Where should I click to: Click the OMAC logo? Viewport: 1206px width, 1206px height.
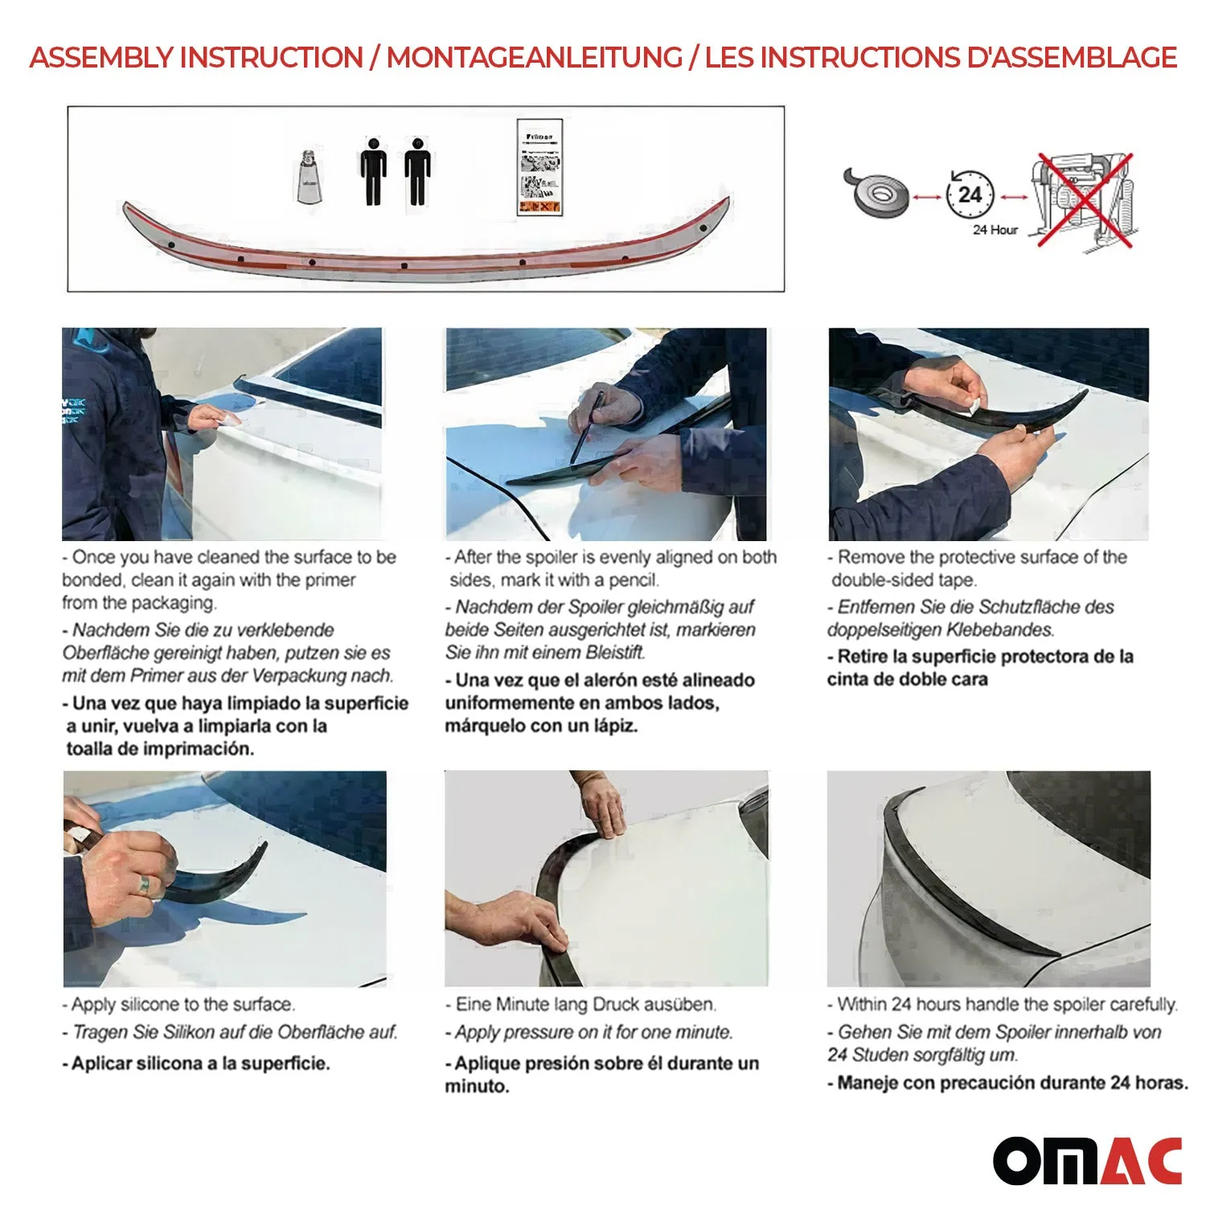(x=1087, y=1161)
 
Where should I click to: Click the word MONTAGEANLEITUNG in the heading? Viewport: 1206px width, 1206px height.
(x=534, y=58)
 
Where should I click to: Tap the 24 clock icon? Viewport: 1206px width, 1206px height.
(x=970, y=195)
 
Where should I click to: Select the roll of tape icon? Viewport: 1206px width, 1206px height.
(x=876, y=192)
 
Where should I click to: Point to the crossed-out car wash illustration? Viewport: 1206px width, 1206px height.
(x=1083, y=201)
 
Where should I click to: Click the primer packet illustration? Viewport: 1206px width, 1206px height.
(x=539, y=168)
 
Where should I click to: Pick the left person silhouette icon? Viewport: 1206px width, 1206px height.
(x=373, y=171)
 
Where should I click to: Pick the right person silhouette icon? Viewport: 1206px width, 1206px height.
(x=417, y=171)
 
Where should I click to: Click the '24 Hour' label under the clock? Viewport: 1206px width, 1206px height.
(x=995, y=230)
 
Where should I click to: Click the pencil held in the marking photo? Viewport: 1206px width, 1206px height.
(x=588, y=427)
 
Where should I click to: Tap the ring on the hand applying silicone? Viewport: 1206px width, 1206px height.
(x=144, y=886)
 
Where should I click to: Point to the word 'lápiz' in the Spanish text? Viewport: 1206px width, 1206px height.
(x=611, y=726)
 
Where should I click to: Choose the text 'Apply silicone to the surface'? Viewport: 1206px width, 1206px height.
(x=183, y=1004)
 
